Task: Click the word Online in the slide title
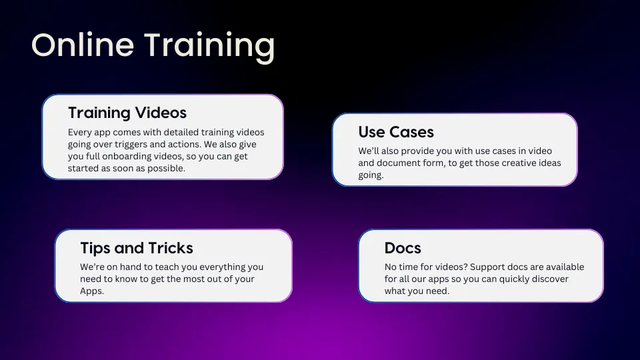click(x=83, y=45)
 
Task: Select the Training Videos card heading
click(x=127, y=113)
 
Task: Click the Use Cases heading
click(x=396, y=132)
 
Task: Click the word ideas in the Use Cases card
click(x=548, y=163)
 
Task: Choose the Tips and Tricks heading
click(x=136, y=248)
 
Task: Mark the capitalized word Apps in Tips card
click(x=92, y=291)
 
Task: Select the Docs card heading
click(x=403, y=248)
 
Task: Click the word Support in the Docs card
click(x=487, y=267)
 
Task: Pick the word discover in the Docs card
click(x=551, y=279)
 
